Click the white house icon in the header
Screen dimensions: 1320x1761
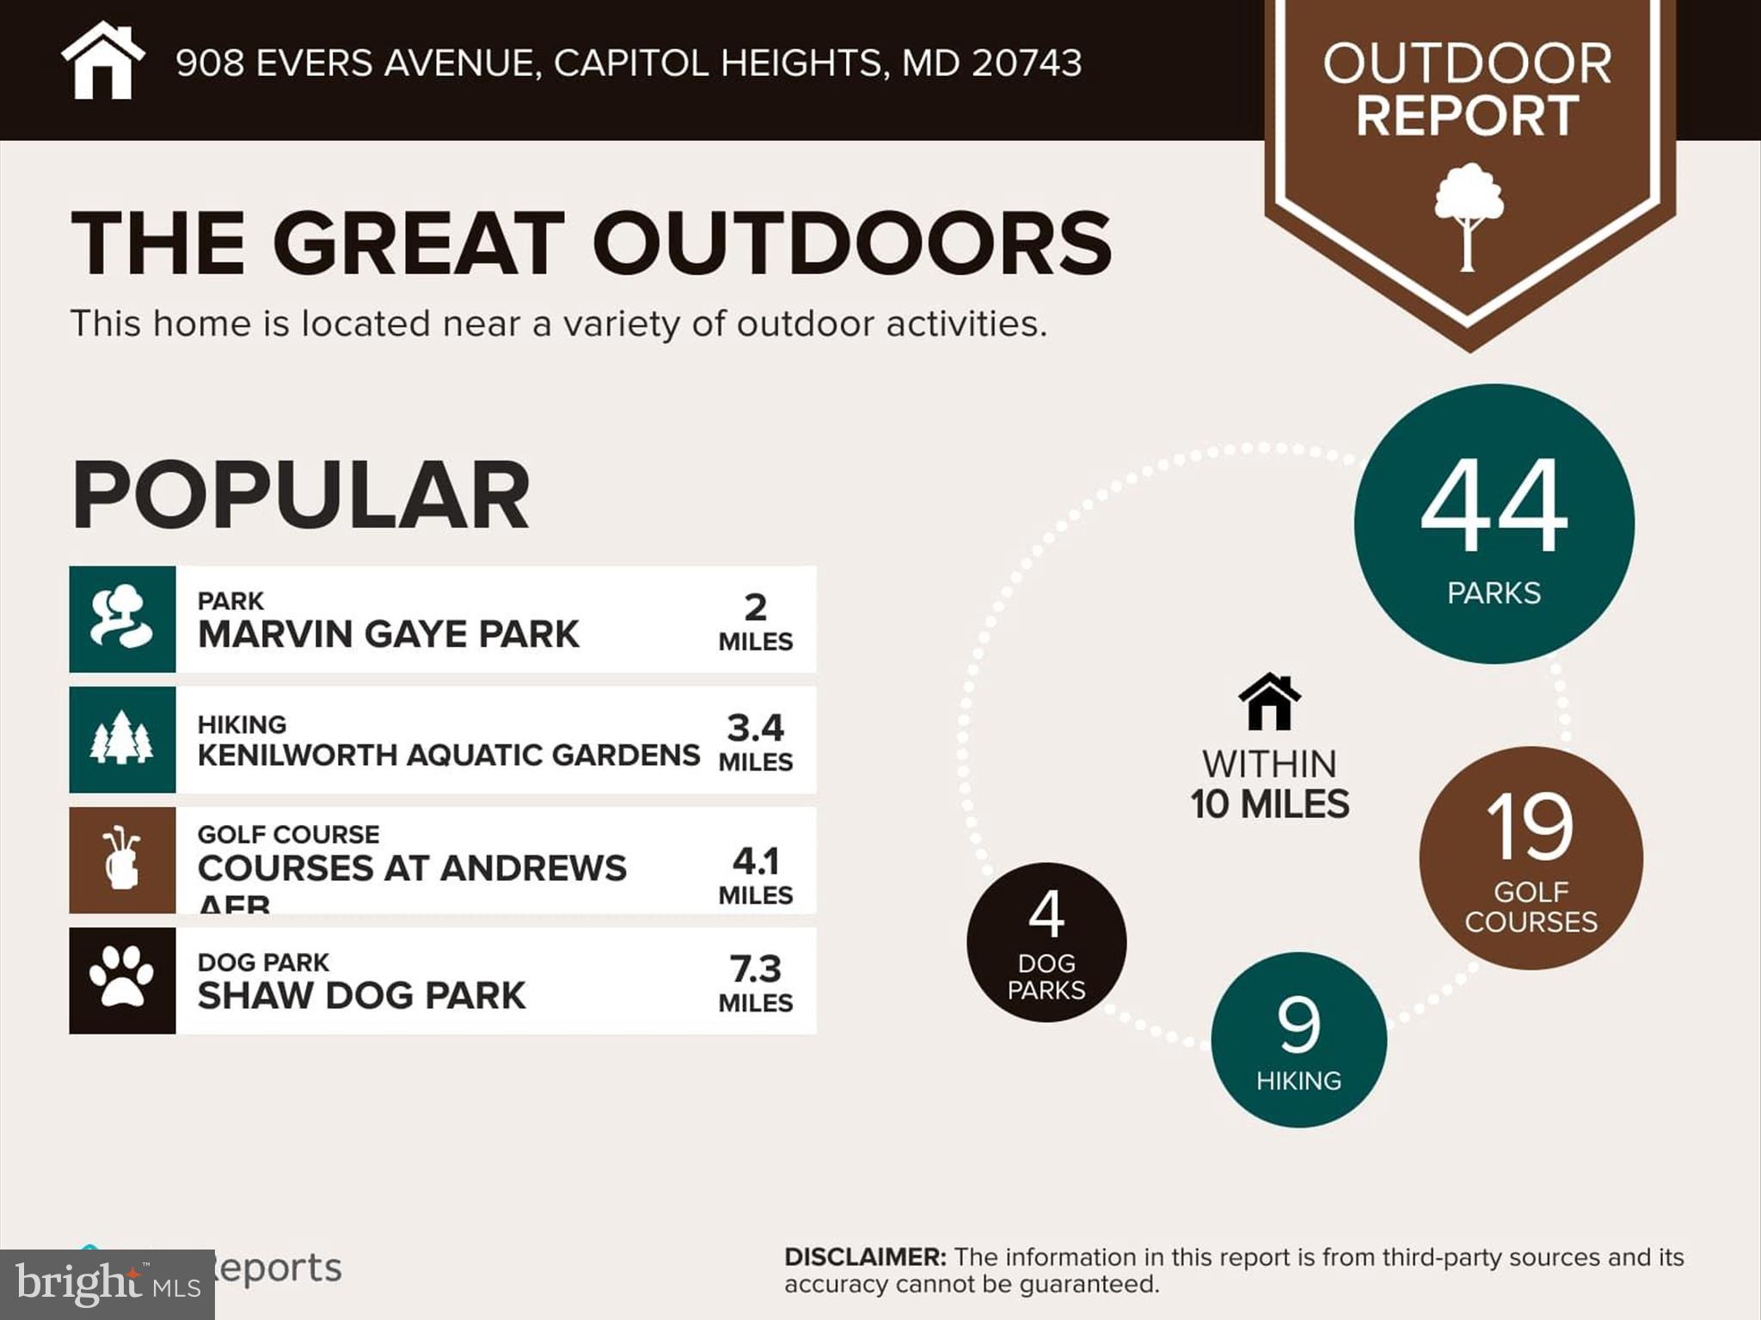tap(102, 62)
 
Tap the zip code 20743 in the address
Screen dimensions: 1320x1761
tap(1027, 64)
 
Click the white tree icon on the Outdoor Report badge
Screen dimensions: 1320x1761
tap(1469, 215)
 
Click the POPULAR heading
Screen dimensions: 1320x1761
tap(300, 495)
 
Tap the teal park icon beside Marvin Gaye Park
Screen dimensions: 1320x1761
tap(122, 619)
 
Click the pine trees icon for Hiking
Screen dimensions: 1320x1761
tap(122, 739)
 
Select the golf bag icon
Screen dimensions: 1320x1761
tap(122, 859)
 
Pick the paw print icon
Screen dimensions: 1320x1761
tap(122, 980)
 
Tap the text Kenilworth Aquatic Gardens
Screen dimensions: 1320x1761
tap(448, 755)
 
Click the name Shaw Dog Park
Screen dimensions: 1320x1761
tap(361, 996)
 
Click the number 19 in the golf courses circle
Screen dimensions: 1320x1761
tap(1530, 827)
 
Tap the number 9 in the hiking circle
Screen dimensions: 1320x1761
tap(1298, 1025)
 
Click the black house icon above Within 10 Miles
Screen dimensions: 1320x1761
tap(1269, 702)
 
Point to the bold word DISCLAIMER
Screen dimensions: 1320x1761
tap(865, 1257)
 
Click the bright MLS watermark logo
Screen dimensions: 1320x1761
tap(107, 1285)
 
